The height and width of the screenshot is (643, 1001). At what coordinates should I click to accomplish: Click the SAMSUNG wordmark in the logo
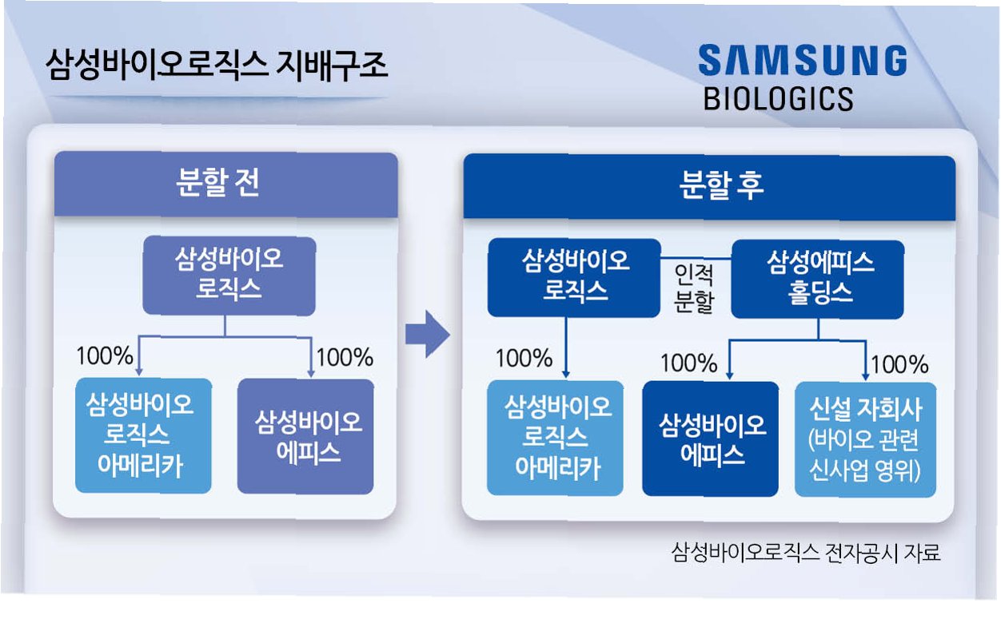tap(802, 62)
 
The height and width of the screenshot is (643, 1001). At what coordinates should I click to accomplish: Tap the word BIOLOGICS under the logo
tap(778, 98)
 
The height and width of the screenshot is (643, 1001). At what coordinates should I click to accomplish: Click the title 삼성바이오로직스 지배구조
tap(217, 65)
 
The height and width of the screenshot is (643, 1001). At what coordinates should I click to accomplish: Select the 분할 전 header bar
tap(225, 185)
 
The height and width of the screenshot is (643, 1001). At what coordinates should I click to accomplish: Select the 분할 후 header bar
tap(708, 187)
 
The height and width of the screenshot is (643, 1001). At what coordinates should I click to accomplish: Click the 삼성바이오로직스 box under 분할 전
tap(229, 274)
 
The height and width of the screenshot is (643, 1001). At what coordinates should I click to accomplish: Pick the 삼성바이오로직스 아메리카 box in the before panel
tap(143, 435)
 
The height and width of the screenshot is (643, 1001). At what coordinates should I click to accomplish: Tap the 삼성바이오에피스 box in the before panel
tap(305, 436)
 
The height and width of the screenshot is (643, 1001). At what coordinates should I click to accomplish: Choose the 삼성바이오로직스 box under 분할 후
tap(574, 276)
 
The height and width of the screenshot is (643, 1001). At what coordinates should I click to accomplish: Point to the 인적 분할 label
tap(693, 289)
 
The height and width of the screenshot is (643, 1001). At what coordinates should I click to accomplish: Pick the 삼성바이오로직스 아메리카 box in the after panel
tap(555, 438)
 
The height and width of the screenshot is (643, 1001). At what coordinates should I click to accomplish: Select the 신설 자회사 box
tap(865, 439)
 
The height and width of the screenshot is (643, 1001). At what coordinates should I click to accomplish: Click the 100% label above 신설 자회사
tap(899, 365)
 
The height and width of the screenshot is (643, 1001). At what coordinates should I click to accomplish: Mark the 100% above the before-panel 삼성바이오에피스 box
tap(345, 357)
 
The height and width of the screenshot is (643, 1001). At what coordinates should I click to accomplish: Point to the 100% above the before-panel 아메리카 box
tap(105, 355)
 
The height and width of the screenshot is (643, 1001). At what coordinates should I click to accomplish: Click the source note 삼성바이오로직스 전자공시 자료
tap(806, 553)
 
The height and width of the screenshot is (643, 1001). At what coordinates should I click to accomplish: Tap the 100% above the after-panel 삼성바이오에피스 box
tap(688, 364)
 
